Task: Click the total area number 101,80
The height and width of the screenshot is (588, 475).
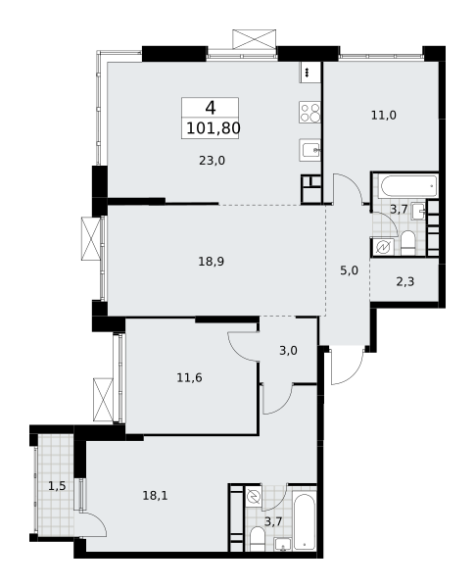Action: click(213, 128)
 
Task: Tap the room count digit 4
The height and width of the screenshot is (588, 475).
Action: click(211, 108)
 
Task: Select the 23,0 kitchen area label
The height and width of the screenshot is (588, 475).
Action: click(212, 161)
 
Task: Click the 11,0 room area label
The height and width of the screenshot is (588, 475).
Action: click(384, 115)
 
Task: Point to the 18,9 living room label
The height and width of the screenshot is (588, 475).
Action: click(212, 261)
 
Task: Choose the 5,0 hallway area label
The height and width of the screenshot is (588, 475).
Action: click(349, 270)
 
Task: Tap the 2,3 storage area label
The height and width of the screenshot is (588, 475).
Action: click(405, 281)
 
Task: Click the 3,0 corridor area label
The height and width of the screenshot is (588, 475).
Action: click(288, 350)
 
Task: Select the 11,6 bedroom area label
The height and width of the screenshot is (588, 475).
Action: click(189, 377)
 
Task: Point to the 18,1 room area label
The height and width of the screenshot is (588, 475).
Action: click(155, 495)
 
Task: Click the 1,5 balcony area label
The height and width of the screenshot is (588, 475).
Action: click(57, 486)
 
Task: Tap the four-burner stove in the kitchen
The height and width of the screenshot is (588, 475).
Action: click(309, 112)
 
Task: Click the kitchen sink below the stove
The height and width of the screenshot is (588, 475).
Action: click(309, 150)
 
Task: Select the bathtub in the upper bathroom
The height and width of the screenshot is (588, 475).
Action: click(407, 186)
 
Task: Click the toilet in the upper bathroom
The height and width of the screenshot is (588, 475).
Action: click(407, 243)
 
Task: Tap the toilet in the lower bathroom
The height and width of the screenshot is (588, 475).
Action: click(258, 539)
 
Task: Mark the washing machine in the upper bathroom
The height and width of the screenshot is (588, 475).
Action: click(384, 247)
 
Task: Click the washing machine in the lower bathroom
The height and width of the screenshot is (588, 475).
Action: click(254, 496)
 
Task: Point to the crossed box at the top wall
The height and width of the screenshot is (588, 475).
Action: click(255, 39)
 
